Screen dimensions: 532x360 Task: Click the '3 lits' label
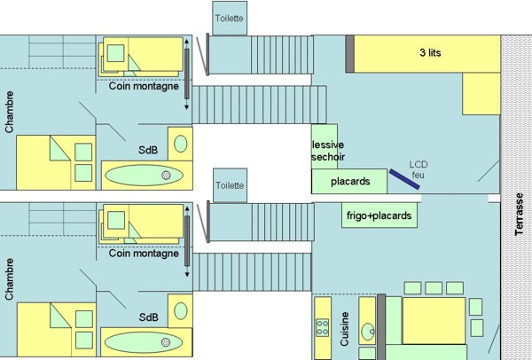pos(430,52)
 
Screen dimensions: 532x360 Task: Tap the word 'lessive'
pos(328,145)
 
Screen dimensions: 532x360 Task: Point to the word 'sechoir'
pos(328,157)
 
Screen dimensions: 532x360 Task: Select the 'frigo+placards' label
pos(379,215)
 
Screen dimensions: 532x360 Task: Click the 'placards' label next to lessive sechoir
pos(350,182)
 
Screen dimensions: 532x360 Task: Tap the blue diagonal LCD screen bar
pos(404,179)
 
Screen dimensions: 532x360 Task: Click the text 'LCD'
pos(419,165)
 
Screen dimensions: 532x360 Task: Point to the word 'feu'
pos(418,175)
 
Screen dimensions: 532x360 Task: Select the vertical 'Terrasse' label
pos(519,214)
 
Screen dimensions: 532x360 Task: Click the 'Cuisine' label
pos(344,329)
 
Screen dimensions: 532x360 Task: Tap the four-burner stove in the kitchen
pos(323,327)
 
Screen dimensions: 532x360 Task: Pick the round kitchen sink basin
pos(367,332)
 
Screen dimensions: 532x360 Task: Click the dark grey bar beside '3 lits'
pos(350,53)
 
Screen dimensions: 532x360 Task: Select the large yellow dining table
pos(434,321)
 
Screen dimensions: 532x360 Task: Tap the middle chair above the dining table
pos(434,288)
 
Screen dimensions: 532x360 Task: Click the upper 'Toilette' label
pos(230,19)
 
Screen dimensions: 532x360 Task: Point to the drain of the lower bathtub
pos(166,342)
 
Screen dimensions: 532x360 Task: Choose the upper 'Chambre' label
pos(10,112)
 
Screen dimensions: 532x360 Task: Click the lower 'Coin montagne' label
pos(144,254)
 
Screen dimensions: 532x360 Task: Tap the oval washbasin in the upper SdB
pos(181,144)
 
